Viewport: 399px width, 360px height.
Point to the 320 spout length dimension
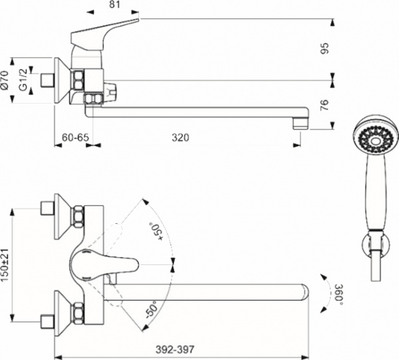tap(180, 137)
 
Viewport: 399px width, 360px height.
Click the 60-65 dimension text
tap(74, 137)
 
